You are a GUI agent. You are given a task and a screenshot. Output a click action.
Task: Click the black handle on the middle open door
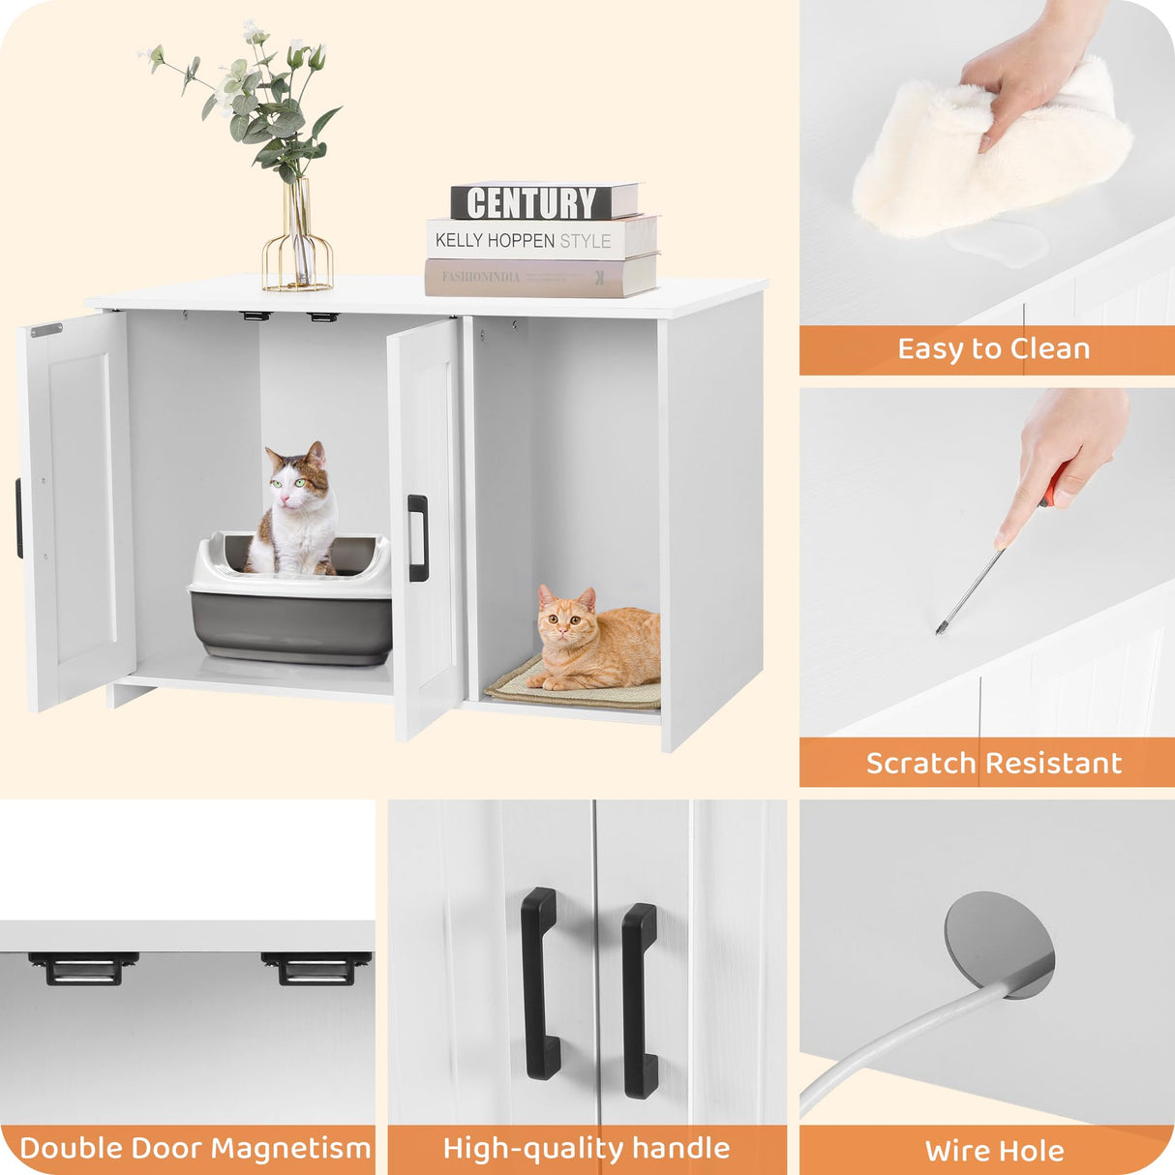[x=417, y=537]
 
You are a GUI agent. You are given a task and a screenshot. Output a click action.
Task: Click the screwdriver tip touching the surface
[x=939, y=630]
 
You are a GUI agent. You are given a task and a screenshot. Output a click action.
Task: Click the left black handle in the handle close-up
[x=539, y=982]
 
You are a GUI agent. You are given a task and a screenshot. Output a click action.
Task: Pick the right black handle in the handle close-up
[x=640, y=1000]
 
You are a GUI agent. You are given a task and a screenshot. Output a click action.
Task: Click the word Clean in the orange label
[x=1049, y=348]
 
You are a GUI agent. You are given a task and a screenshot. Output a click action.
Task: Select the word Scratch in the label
[x=921, y=763]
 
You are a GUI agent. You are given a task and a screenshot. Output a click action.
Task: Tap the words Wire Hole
[x=994, y=1151]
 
